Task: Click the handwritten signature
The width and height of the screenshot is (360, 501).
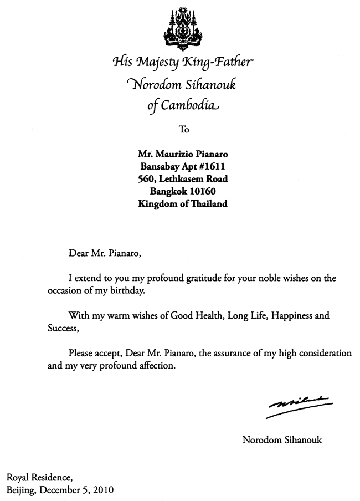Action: click(299, 404)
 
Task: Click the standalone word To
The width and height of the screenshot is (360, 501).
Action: click(184, 130)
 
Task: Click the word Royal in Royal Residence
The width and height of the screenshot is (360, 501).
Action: click(18, 477)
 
